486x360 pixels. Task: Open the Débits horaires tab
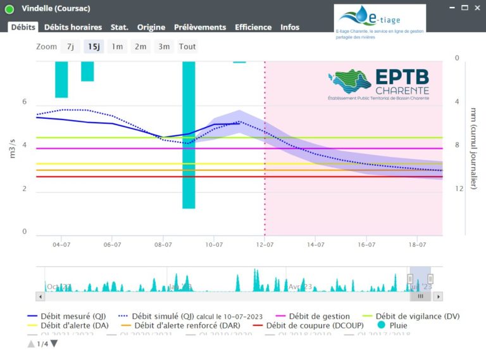coord(73,27)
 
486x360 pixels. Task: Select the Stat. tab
coord(119,27)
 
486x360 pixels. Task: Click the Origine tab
coord(151,27)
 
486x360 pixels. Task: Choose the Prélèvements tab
coord(199,27)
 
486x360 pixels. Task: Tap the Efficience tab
coord(253,27)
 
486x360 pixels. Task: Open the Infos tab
coord(290,27)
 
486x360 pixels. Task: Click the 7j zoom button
coord(70,46)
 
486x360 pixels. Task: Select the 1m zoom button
coord(117,46)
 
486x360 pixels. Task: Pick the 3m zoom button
coord(164,46)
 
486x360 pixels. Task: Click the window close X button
coord(476,8)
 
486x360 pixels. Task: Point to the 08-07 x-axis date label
coord(163,244)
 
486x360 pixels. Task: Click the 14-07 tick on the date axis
coord(316,244)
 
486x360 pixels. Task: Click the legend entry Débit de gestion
coord(313,316)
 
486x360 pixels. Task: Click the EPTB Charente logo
coord(379,85)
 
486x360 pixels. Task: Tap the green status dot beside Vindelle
coord(9,8)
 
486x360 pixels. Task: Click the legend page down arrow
coord(54,344)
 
